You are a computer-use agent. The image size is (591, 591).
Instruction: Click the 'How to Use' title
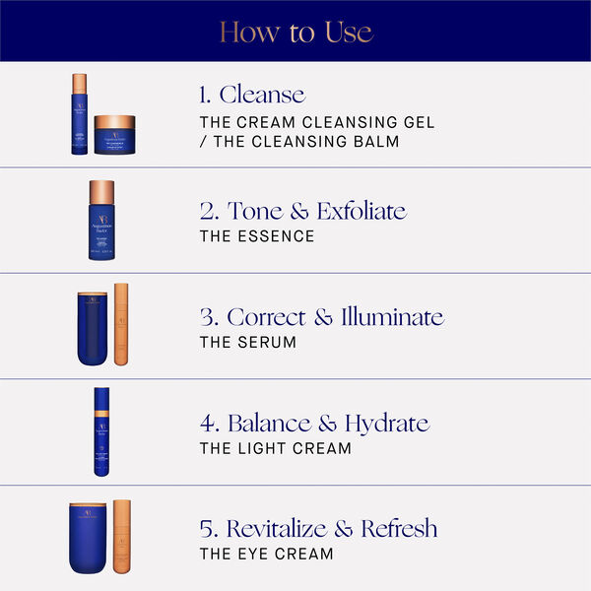(x=295, y=32)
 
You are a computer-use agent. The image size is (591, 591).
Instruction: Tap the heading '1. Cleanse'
(x=251, y=95)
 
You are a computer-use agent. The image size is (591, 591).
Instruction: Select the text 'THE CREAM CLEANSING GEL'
(x=316, y=122)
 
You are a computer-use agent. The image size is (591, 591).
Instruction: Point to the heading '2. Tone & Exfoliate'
(x=301, y=211)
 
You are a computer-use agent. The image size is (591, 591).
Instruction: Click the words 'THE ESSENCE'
(x=257, y=236)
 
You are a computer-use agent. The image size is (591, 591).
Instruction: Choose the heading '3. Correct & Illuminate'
(x=320, y=317)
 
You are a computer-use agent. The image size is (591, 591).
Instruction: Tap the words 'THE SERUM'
(x=247, y=343)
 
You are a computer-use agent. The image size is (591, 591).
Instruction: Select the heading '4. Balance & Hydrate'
(x=313, y=424)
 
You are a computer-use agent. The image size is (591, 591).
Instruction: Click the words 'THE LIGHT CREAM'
(x=275, y=449)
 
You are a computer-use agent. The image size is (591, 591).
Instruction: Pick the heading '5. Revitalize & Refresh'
(x=318, y=529)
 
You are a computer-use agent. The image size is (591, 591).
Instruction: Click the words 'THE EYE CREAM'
(x=266, y=555)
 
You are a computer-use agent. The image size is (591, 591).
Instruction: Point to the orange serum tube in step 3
(x=121, y=324)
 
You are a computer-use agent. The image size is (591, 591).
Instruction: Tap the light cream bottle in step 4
(x=100, y=431)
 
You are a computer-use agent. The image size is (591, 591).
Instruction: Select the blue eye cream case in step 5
(x=88, y=538)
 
